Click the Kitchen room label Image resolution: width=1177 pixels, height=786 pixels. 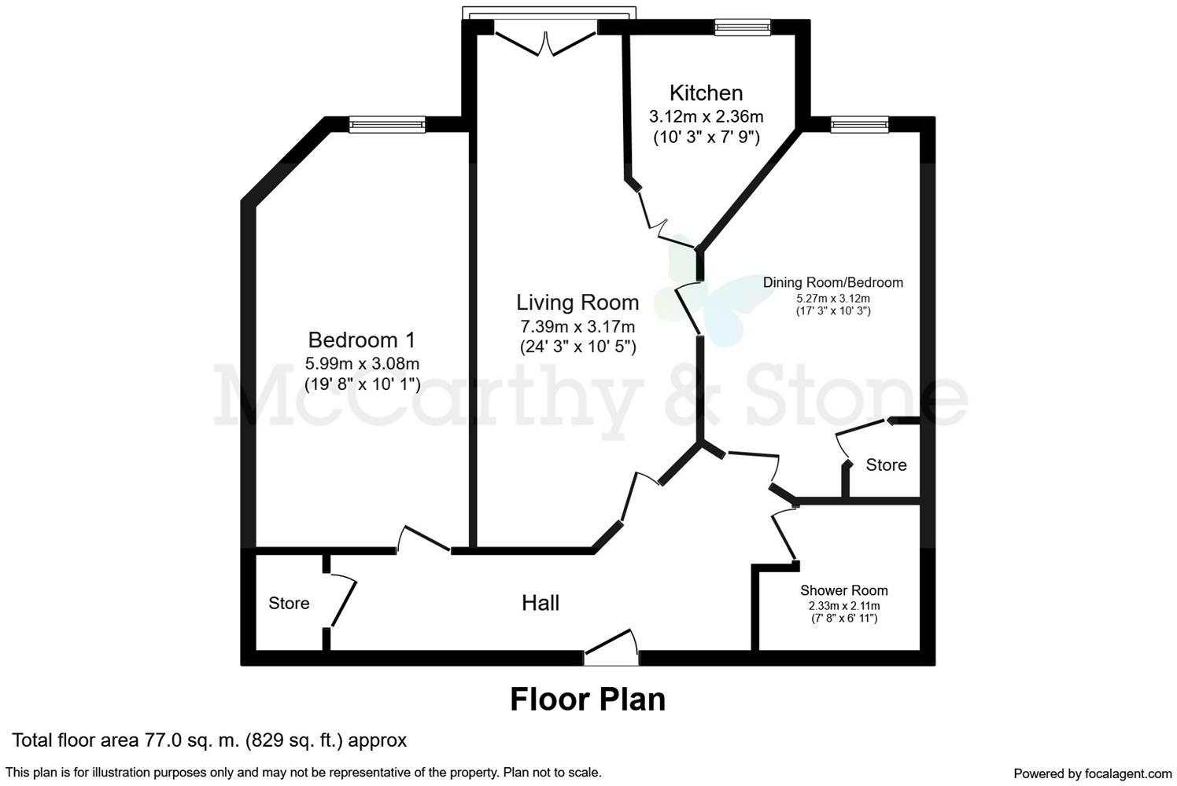[x=706, y=94]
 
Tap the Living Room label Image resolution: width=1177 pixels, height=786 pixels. [x=577, y=303]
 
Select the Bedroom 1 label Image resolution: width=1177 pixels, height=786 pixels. [x=361, y=340]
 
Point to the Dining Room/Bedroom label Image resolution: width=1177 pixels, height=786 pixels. [x=833, y=282]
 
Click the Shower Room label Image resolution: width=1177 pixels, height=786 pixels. [x=844, y=590]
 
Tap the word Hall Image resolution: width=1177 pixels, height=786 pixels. [x=541, y=603]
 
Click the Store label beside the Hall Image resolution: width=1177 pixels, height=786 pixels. [x=289, y=604]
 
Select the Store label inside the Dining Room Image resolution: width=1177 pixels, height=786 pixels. [x=886, y=465]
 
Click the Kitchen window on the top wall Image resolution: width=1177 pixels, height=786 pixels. [x=743, y=28]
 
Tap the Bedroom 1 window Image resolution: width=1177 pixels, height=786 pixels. [x=387, y=124]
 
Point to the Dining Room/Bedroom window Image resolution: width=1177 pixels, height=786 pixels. [x=860, y=124]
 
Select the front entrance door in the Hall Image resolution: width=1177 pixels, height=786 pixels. [x=611, y=646]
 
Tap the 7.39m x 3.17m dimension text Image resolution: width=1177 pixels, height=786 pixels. [x=577, y=326]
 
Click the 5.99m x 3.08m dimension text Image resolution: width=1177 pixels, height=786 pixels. [x=362, y=363]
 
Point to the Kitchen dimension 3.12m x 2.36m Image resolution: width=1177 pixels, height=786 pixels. [x=707, y=116]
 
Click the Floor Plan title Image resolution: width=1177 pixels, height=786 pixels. [x=588, y=700]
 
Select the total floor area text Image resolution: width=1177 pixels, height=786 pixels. [x=209, y=740]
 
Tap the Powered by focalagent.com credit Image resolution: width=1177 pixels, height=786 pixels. [x=1093, y=773]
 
